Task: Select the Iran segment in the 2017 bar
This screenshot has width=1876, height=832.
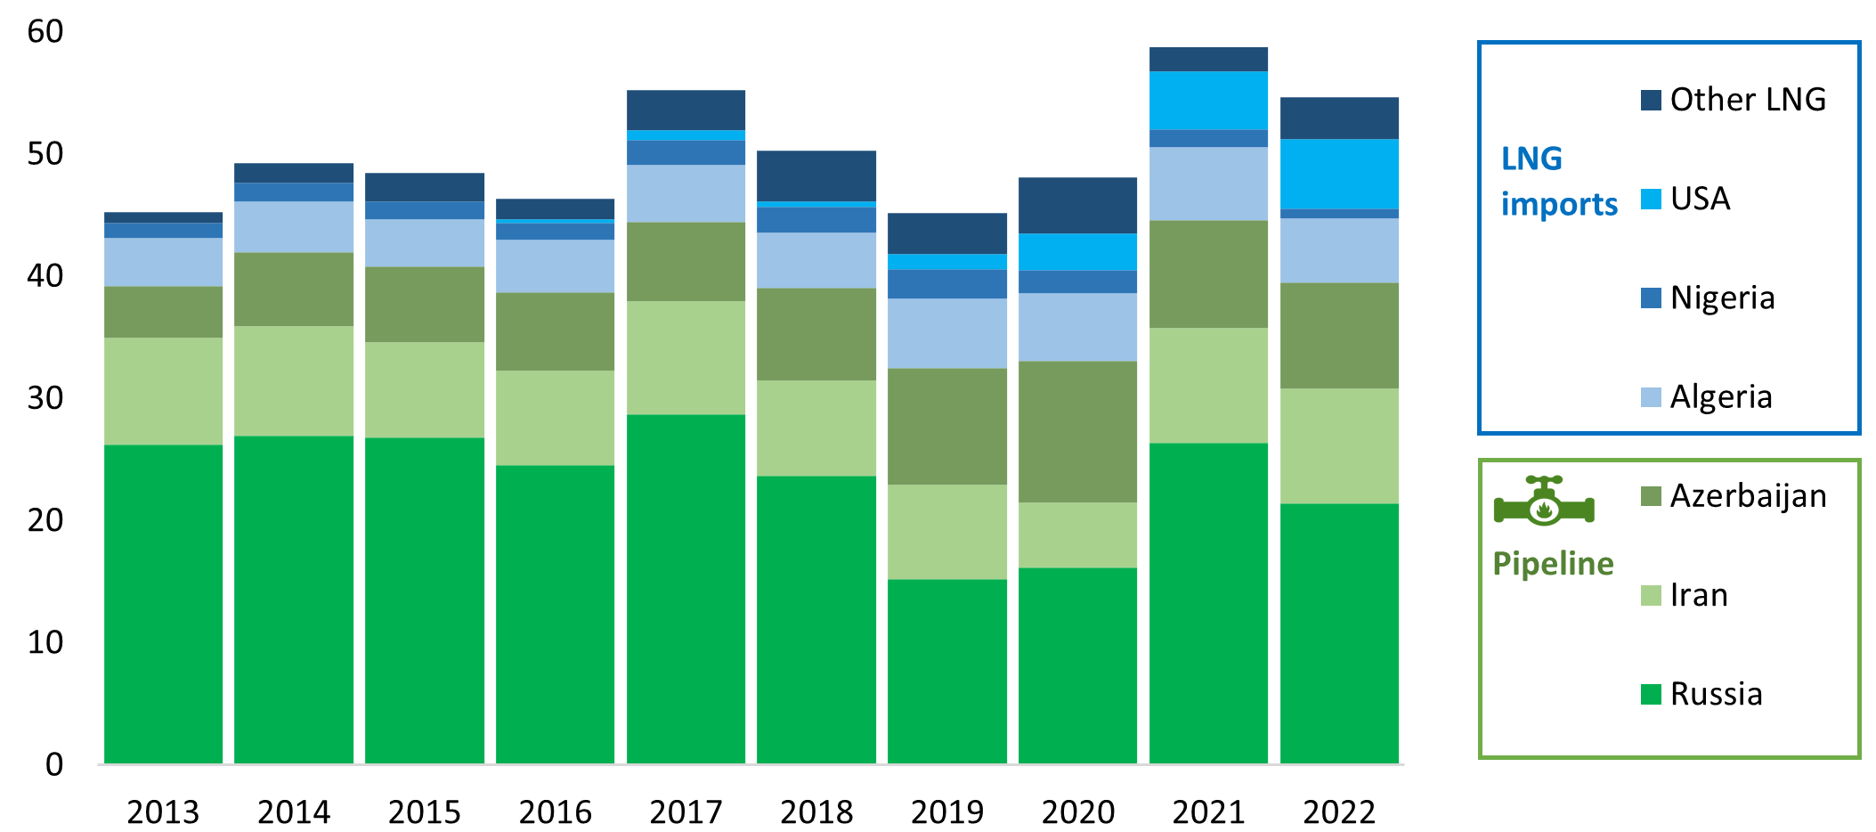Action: pyautogui.click(x=686, y=357)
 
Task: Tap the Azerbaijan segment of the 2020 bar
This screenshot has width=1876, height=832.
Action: pyautogui.click(x=1077, y=431)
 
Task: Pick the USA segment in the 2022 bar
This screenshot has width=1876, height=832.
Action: pyautogui.click(x=1339, y=174)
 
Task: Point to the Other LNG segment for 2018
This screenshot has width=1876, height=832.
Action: pyautogui.click(x=816, y=175)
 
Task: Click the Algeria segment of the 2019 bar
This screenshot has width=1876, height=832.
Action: pyautogui.click(x=947, y=333)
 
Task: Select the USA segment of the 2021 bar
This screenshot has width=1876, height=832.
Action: pyautogui.click(x=1208, y=100)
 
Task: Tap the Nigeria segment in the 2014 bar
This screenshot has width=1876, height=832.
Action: pyautogui.click(x=294, y=192)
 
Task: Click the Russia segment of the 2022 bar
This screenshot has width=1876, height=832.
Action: pyautogui.click(x=1339, y=633)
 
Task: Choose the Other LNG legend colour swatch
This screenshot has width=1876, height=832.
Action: pyautogui.click(x=1651, y=100)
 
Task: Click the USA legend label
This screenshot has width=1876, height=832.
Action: pyautogui.click(x=1700, y=199)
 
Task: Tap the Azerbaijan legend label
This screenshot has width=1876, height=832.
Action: pyautogui.click(x=1748, y=495)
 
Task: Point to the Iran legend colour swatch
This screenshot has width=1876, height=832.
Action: pyautogui.click(x=1651, y=595)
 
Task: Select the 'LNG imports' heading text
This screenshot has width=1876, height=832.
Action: pyautogui.click(x=1558, y=181)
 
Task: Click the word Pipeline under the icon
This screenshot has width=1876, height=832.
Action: pyautogui.click(x=1553, y=564)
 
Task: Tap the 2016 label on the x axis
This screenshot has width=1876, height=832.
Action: pyautogui.click(x=555, y=812)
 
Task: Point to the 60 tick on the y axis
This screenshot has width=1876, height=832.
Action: pyautogui.click(x=45, y=32)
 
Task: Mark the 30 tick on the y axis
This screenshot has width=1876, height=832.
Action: pyautogui.click(x=45, y=398)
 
